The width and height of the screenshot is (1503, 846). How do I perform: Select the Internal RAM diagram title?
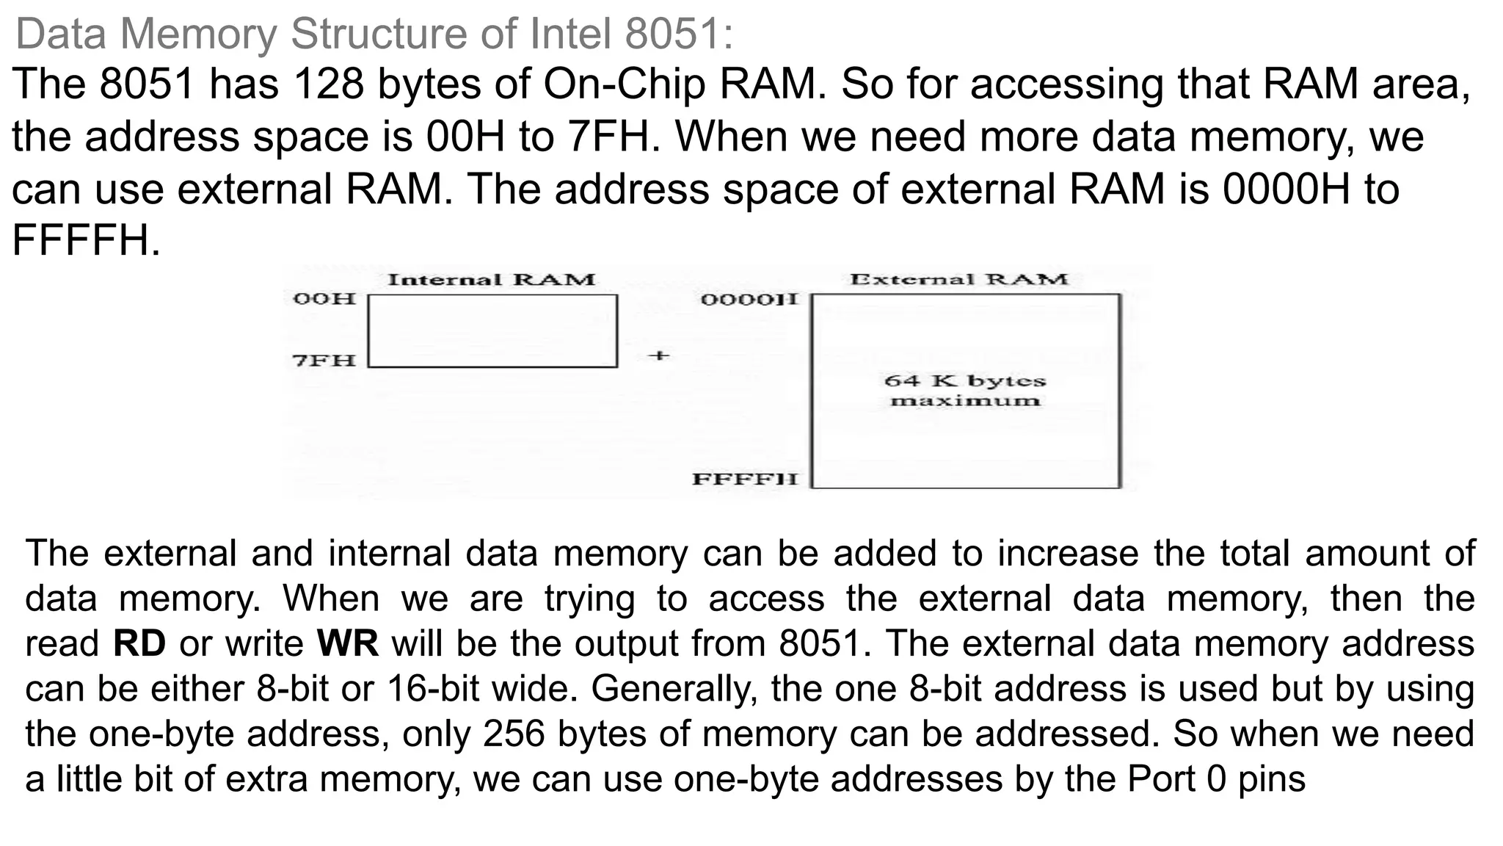coord(491,280)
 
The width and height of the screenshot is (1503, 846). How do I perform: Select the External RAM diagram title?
coord(958,279)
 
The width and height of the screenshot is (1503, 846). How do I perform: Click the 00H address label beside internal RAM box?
coord(324,299)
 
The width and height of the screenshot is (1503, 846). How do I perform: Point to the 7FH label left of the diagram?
coord(324,361)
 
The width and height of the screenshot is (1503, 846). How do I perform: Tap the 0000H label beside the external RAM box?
coord(749,300)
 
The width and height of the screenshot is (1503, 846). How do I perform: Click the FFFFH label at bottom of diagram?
coord(744,480)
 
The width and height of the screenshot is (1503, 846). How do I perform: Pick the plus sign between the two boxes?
coord(659,356)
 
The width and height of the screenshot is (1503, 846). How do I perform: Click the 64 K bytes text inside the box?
coord(964,381)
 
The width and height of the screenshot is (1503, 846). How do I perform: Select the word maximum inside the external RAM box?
coord(964,401)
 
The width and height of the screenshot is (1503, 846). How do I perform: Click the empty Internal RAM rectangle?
coord(492,330)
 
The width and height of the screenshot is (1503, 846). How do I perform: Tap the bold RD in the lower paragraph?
coord(139,644)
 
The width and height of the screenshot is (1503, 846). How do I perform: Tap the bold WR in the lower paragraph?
coord(347,644)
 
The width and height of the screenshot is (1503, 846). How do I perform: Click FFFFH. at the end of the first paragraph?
coord(86,241)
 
